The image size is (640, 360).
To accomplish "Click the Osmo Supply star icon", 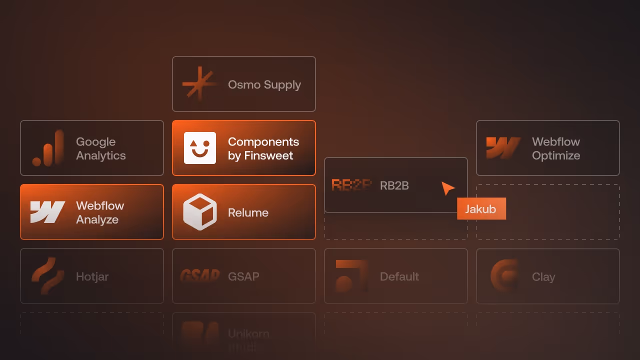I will [x=198, y=84].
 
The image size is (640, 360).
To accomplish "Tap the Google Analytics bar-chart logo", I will [x=48, y=148].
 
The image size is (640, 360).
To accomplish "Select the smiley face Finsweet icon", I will [x=200, y=148].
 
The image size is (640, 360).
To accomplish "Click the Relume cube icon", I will [x=200, y=212].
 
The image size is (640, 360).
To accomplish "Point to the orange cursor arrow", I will [x=447, y=188].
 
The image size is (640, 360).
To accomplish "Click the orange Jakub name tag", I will [x=481, y=209].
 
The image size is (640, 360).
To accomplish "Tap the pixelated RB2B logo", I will [x=352, y=185].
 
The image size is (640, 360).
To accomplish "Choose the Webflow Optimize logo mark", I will [x=503, y=148].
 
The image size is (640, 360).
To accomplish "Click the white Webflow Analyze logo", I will [x=47, y=212].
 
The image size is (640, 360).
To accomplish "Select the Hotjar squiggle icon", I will [x=47, y=276].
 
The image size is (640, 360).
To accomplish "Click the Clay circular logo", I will [x=504, y=276].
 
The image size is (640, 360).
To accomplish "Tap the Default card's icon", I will [x=351, y=276].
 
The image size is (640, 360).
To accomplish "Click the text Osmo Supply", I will [x=264, y=84].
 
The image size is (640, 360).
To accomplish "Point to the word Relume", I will [x=248, y=212].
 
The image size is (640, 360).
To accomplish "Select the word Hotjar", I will [x=92, y=276].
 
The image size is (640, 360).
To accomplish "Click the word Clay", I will [x=543, y=276].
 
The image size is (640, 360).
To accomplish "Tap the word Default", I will [x=399, y=276].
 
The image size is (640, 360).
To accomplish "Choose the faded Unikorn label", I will [x=248, y=334].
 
